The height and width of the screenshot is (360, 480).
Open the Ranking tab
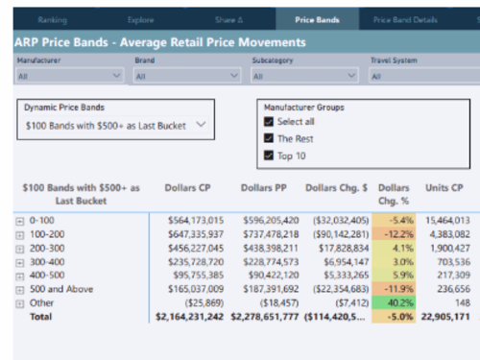click(x=52, y=18)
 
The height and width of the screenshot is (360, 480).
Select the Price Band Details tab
click(x=405, y=18)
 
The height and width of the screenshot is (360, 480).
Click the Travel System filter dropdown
click(x=422, y=75)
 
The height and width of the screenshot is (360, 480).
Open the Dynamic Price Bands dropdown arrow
click(x=200, y=124)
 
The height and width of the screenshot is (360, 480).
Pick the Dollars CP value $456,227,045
click(x=186, y=247)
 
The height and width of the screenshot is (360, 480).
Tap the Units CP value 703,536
click(x=449, y=260)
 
